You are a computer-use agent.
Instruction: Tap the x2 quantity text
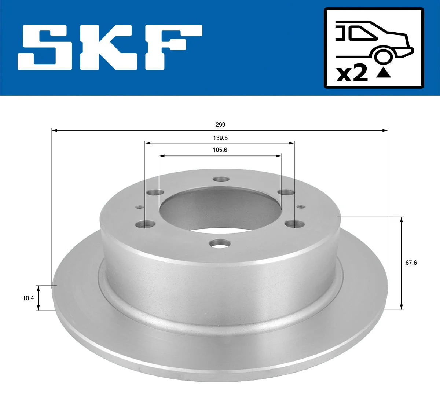352,73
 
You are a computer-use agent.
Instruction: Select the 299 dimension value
220,125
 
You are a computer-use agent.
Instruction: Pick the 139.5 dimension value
220,138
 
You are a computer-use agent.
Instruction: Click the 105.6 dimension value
220,150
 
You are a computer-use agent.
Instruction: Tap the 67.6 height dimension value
411,263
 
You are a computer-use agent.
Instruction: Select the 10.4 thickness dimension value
28,298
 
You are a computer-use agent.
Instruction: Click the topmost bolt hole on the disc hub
221,180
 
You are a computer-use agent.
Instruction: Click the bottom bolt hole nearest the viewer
219,242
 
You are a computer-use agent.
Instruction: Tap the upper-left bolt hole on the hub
154,192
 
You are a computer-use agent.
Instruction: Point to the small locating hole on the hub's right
300,207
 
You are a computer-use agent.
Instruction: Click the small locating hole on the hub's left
139,206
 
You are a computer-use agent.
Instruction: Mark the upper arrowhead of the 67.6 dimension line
402,220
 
